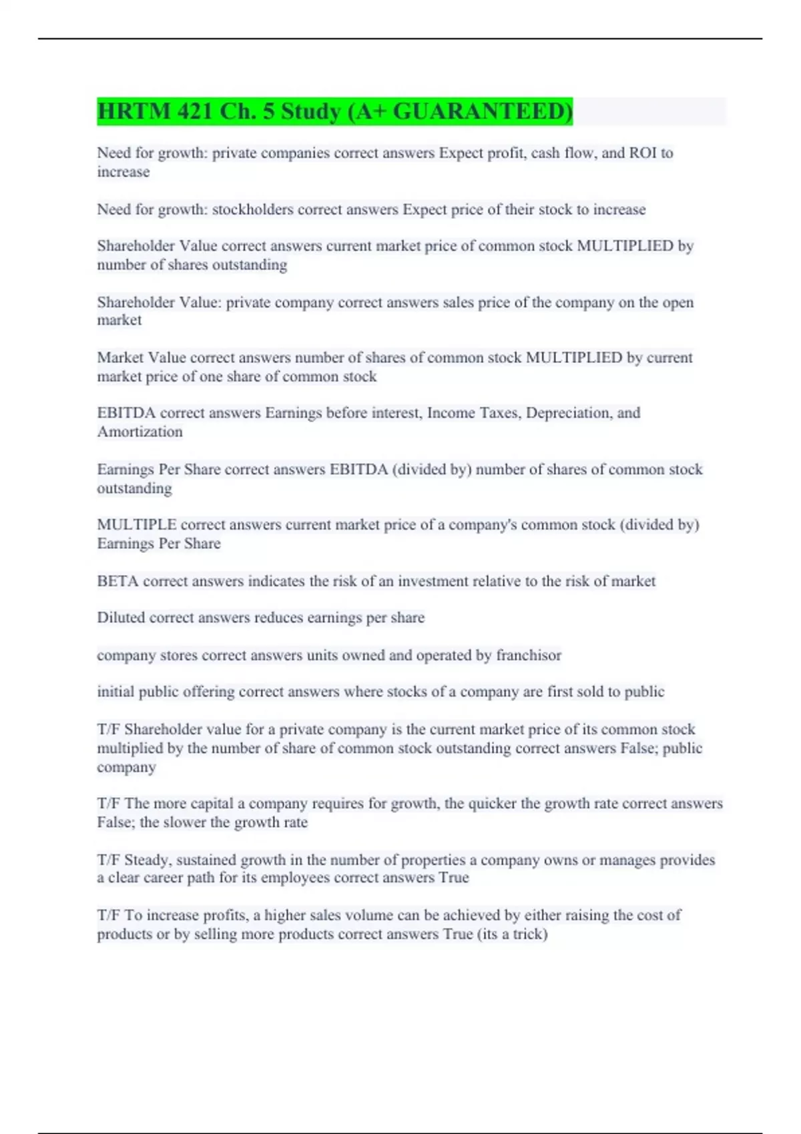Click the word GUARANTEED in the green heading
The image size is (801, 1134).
click(482, 111)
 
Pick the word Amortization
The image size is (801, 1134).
click(140, 432)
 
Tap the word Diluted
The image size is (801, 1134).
click(121, 618)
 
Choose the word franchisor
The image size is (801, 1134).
click(528, 655)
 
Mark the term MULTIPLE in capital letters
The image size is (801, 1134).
click(136, 525)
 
